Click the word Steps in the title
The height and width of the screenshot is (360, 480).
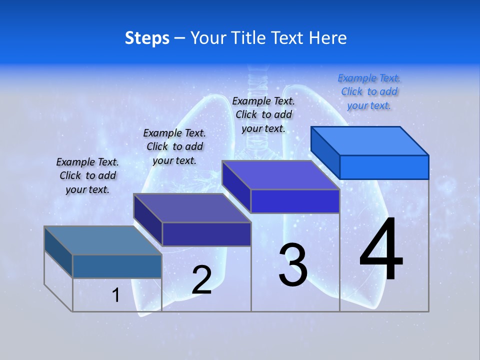click(x=147, y=38)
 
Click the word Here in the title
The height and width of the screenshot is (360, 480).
click(x=328, y=38)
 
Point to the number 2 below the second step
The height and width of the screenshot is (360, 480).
click(x=201, y=280)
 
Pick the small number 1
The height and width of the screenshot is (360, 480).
click(x=116, y=295)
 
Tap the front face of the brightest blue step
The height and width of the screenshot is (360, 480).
click(x=384, y=167)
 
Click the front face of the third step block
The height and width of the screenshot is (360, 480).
click(x=295, y=201)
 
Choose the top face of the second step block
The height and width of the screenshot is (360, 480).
click(x=192, y=208)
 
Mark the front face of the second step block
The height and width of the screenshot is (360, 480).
click(x=206, y=234)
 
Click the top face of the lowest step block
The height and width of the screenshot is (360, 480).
click(x=103, y=240)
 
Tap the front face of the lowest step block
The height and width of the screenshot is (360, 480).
click(x=117, y=266)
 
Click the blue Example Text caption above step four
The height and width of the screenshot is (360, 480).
click(x=369, y=91)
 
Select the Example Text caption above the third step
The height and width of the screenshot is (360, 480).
click(x=263, y=114)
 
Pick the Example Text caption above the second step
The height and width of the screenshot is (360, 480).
click(x=174, y=146)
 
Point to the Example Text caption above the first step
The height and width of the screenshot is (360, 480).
click(x=87, y=175)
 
